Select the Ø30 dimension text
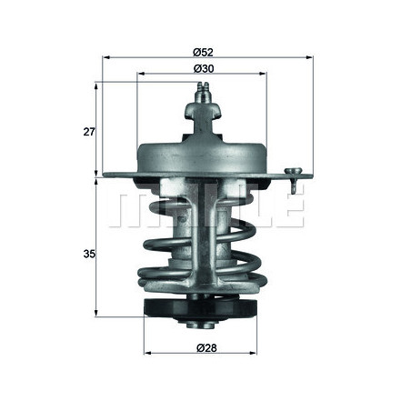203,67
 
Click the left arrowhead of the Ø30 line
140,75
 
